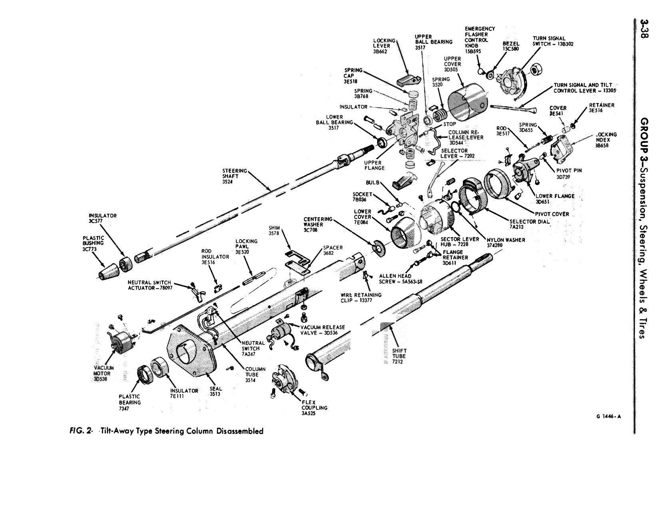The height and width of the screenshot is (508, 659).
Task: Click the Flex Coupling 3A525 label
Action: pos(314,408)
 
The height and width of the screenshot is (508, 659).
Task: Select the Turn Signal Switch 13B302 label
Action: pos(553,42)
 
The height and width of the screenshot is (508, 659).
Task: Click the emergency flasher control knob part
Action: pos(482,71)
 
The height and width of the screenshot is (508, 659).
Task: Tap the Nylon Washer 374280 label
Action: pos(506,242)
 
